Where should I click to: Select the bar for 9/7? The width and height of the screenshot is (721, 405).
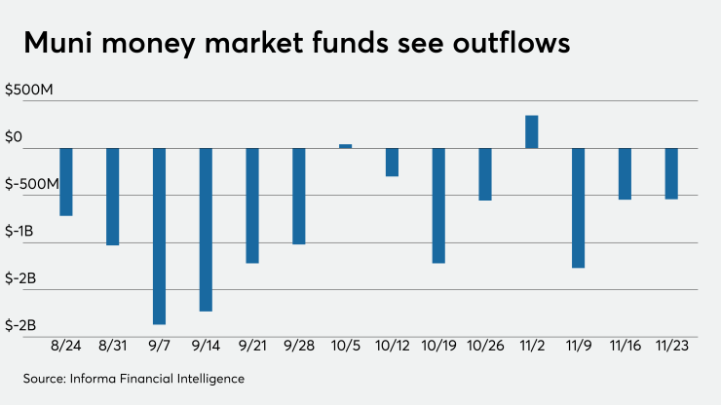(159, 236)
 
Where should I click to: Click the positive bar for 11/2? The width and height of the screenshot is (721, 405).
(531, 131)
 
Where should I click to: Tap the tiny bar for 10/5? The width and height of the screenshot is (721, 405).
(345, 146)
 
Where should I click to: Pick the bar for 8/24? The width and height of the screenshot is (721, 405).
(66, 182)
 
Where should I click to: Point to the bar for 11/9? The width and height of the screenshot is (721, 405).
(578, 207)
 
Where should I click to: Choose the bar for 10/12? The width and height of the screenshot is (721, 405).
(392, 162)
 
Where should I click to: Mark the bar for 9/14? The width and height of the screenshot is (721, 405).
(206, 230)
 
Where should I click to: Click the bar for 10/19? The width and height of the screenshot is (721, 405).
(438, 205)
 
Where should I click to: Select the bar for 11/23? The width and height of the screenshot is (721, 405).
(671, 173)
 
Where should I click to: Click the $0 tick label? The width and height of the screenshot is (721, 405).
(14, 137)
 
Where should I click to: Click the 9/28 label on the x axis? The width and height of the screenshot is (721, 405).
(298, 345)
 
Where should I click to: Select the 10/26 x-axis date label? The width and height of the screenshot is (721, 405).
(484, 345)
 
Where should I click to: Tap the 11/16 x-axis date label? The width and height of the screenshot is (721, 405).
(625, 345)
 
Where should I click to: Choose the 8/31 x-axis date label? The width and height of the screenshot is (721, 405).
(112, 345)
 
